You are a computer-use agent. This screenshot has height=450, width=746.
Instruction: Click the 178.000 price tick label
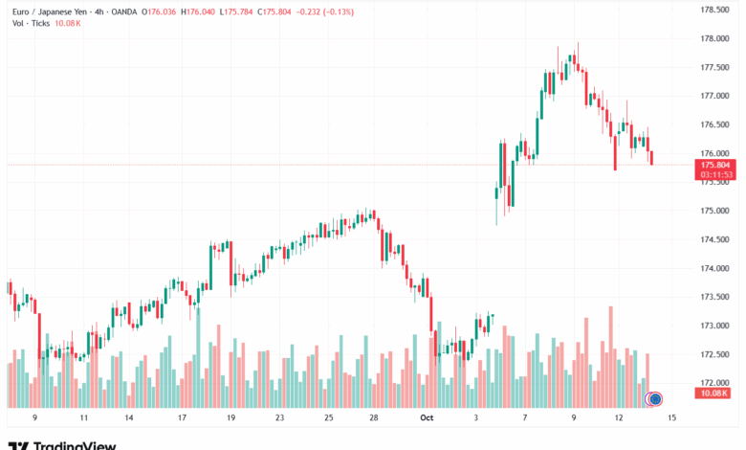coord(715,38)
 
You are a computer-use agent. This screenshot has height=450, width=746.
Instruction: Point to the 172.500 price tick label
coord(715,354)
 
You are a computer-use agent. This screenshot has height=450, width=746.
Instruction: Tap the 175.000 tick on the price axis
coord(715,211)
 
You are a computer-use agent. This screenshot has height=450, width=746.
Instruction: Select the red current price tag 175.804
coord(715,165)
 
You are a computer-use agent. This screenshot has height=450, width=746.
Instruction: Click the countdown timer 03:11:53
coord(715,174)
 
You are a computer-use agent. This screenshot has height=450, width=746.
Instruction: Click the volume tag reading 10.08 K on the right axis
coord(715,393)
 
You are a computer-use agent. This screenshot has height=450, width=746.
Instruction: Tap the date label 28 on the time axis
coord(374,417)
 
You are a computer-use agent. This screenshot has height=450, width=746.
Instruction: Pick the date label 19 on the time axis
coord(230,417)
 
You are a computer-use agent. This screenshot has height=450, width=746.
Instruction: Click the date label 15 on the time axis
coord(672,417)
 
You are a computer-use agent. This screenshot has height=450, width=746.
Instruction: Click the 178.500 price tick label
coord(715,10)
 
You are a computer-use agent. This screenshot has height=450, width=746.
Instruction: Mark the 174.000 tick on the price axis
coord(715,268)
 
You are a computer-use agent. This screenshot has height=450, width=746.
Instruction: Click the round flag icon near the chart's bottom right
coord(655,398)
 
